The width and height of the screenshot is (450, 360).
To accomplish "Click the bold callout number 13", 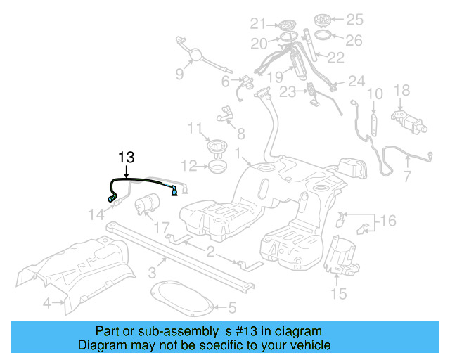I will point(126,157).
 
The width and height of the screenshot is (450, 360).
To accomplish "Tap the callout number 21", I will point(259,22).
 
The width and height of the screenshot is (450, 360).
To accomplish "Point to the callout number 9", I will point(179,73).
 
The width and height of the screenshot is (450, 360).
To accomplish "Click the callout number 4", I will point(47,304).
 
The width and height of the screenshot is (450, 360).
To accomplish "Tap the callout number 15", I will point(339,293).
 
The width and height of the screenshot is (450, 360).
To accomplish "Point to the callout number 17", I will point(162,227).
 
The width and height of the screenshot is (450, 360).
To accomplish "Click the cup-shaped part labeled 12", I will point(217,168).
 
